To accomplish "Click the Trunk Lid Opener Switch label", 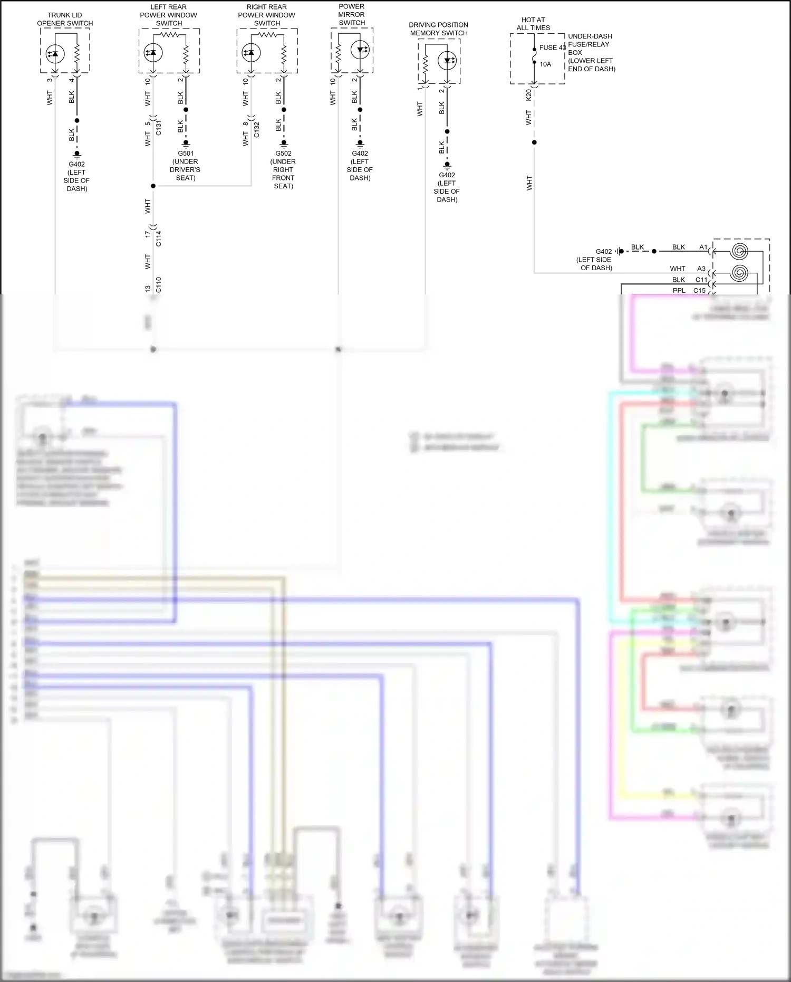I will pos(65,20).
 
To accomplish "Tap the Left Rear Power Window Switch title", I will pos(169,15).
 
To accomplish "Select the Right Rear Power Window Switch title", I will pos(267,15).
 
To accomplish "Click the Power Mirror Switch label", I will pos(352,15).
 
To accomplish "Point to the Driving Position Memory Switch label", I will pos(439,28).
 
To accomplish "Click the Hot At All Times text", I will pos(533,24).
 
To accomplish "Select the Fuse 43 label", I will pos(552,47).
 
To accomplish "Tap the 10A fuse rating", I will pos(545,64).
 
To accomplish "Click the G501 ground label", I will pos(186,154).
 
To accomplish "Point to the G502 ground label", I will pos(283,154).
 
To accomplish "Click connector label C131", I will pos(159,128).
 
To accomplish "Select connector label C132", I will pos(257,129).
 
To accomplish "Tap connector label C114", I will pos(159,239).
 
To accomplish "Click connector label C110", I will pos(159,284).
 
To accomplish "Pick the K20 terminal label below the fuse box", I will pos(529,95).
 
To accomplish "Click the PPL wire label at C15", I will pos(679,291).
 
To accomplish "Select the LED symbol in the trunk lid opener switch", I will pos(55,53).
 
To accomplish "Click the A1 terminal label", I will pos(703,247).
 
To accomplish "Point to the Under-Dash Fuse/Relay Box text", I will pos(591,52).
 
